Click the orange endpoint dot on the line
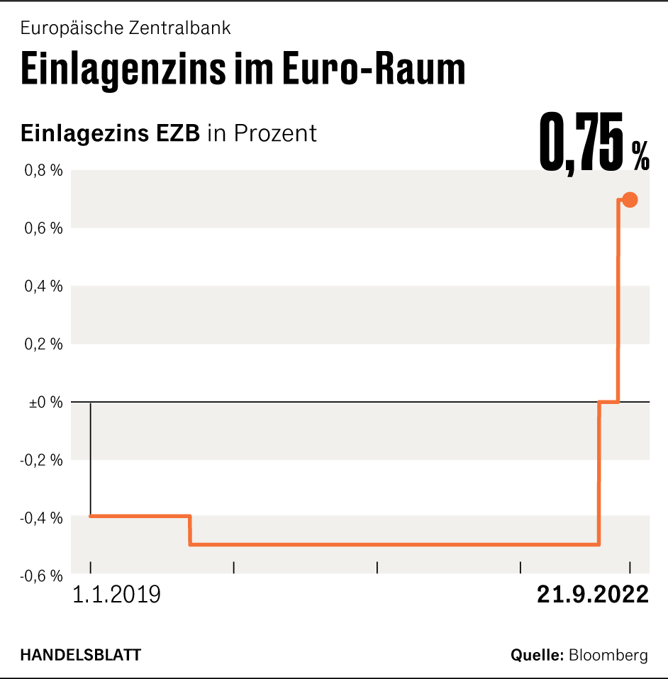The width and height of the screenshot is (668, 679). coord(629,200)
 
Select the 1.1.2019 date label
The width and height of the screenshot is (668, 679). coord(117,594)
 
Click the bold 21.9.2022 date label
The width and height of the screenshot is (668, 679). coord(593,594)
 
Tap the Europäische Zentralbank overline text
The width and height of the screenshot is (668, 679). coord(126,28)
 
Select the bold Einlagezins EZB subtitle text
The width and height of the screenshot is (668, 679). coord(111,133)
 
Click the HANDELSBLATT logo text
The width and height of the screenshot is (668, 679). coord(80,655)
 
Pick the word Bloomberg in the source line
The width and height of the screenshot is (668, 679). coord(608,655)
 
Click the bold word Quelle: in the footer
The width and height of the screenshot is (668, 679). coord(538,655)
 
